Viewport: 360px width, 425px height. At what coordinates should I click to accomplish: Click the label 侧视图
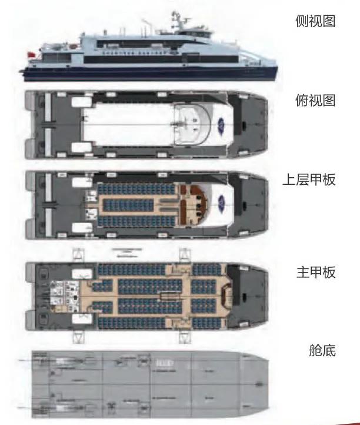click(315, 22)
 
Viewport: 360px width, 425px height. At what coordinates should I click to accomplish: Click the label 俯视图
click(315, 100)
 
